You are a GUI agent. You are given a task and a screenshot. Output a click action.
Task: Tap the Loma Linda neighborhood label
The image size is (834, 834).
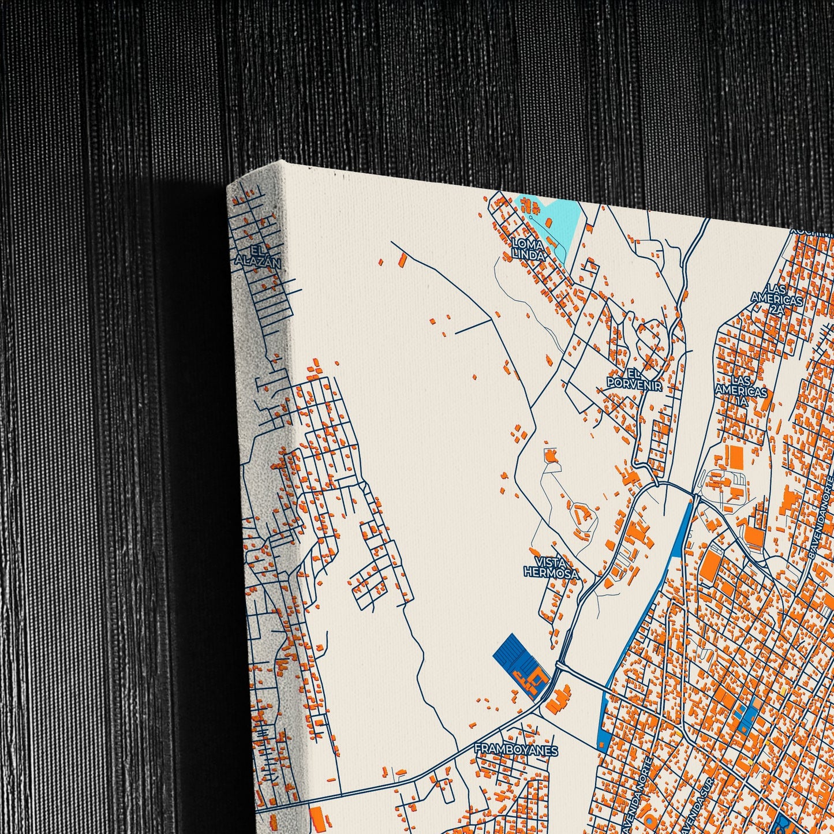coord(528,249)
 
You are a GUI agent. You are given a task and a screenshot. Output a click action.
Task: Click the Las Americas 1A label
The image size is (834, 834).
coord(741,391)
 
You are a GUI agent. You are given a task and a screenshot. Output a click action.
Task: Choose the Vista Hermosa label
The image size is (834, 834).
coord(551,567)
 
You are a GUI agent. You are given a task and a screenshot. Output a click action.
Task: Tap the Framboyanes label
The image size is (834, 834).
coord(516,750)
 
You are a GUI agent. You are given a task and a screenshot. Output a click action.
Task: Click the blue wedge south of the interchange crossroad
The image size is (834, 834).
coord(603,716)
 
